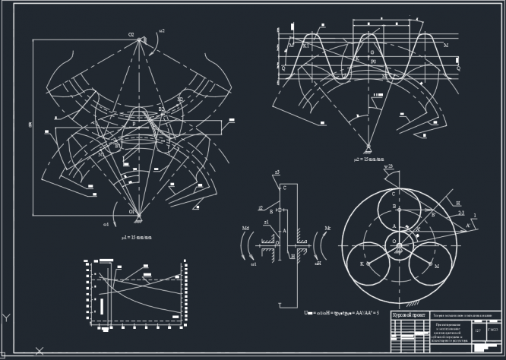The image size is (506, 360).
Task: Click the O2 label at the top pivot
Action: [x=131, y=36]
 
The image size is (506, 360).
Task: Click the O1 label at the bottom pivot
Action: [x=131, y=211]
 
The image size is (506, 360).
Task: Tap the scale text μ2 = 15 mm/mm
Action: [x=371, y=159]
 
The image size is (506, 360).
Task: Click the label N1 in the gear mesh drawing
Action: [x=101, y=154]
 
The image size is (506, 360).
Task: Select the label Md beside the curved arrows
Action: [x=245, y=228]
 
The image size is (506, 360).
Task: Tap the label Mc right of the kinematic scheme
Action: [x=327, y=228]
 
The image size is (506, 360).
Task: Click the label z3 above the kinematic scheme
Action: [x=277, y=173]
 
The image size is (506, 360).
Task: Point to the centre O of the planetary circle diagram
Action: [x=394, y=242]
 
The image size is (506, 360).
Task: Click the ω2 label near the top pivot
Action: [x=162, y=31]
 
